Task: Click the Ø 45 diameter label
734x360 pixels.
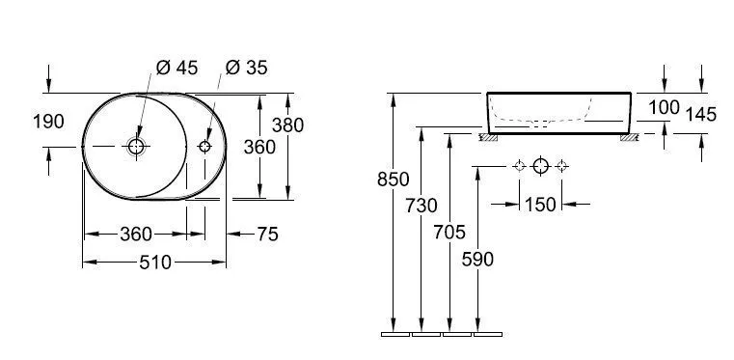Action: click(177, 68)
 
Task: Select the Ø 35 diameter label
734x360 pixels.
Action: click(246, 68)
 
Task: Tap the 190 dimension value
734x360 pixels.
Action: click(48, 122)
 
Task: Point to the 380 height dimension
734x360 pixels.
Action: click(287, 125)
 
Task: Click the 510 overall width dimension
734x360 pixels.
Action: click(155, 263)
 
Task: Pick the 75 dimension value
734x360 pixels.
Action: click(267, 235)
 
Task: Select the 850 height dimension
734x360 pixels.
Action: click(394, 180)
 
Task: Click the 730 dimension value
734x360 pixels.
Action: click(421, 206)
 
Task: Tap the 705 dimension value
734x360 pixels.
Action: click(449, 233)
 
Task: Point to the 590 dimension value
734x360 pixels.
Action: click(477, 259)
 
